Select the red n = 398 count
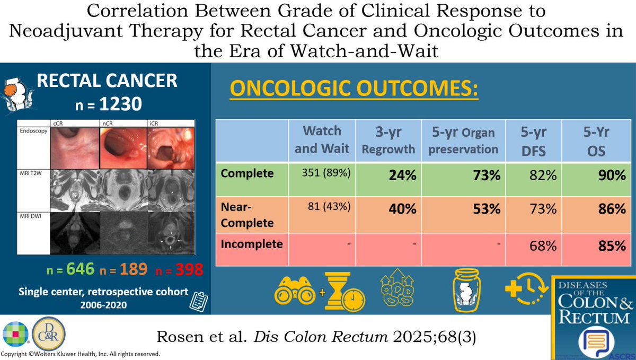coord(179,269)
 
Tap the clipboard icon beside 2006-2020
coord(197,300)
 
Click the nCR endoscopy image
coord(123,147)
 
